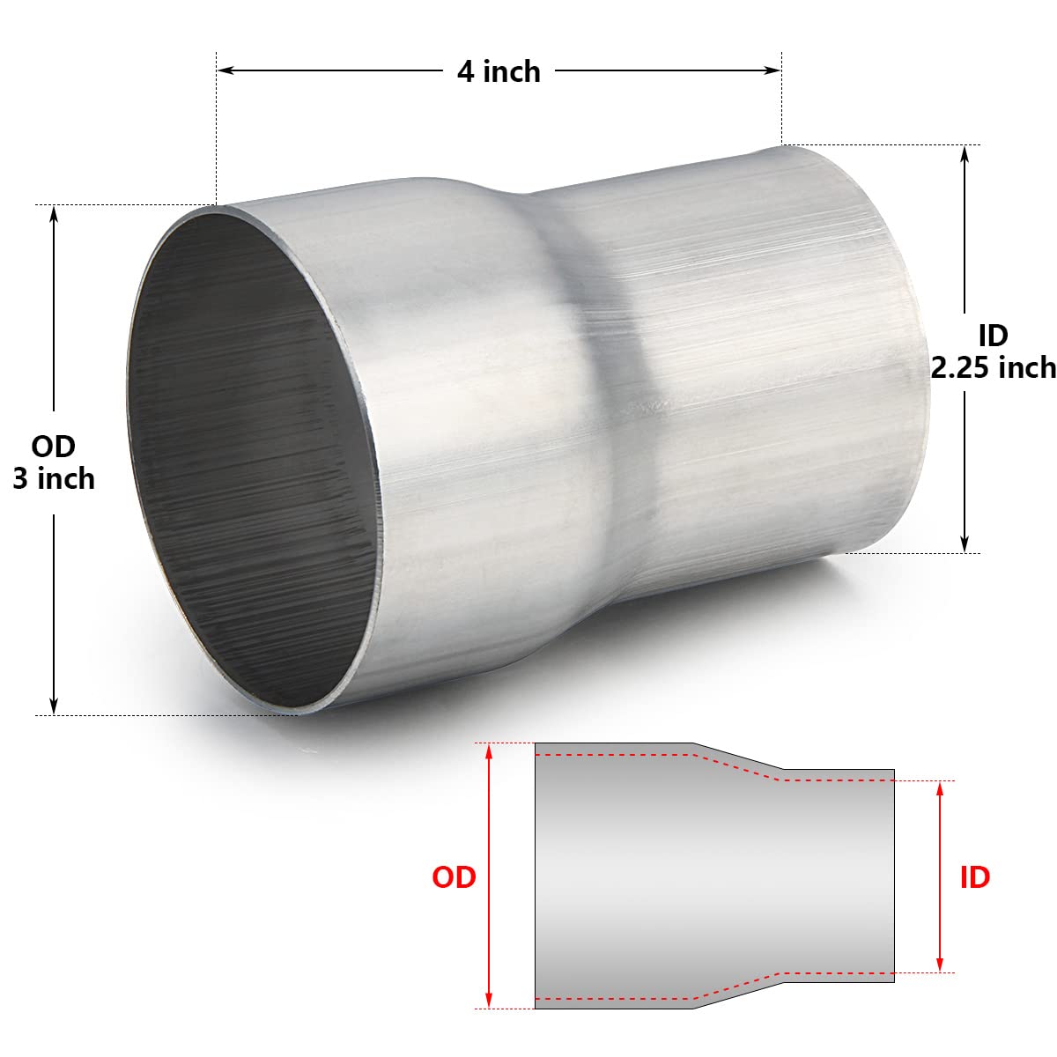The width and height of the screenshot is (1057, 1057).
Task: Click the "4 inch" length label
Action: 499,70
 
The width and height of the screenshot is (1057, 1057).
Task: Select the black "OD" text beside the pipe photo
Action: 54,447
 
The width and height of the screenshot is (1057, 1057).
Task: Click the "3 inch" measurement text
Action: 54,478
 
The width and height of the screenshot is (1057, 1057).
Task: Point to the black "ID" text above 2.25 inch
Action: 993,335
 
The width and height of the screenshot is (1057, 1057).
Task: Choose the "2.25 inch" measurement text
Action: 994,366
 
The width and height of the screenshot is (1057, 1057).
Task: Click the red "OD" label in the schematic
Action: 454,876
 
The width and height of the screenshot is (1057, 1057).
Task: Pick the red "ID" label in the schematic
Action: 974,876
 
